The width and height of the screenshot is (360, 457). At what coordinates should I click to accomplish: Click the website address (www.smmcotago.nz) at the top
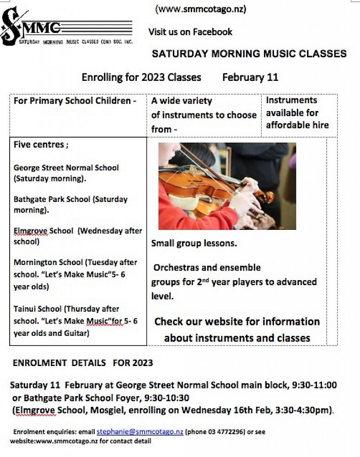click(x=201, y=9)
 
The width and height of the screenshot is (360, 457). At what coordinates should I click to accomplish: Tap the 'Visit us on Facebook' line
click(x=190, y=32)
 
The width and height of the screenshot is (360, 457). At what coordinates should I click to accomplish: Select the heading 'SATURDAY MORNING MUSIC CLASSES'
click(x=249, y=54)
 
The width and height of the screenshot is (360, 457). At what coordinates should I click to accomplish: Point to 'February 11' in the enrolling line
click(x=250, y=77)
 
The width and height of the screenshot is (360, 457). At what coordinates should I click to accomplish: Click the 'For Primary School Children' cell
click(x=75, y=101)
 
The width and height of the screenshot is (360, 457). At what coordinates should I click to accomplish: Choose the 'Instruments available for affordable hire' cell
click(x=297, y=112)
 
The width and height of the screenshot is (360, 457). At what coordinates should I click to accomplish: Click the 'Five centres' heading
click(x=41, y=145)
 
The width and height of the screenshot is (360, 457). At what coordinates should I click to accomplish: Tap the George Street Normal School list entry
click(x=66, y=173)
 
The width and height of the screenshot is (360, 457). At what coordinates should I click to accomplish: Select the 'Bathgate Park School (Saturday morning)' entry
click(x=70, y=205)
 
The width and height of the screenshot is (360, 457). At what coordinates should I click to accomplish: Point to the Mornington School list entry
click(x=75, y=274)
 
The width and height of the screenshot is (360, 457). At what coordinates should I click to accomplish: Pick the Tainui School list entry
click(x=75, y=321)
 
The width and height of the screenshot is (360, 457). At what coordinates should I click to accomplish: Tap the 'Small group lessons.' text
click(x=194, y=244)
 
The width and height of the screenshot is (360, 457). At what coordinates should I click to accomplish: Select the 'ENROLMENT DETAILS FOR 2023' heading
click(x=82, y=363)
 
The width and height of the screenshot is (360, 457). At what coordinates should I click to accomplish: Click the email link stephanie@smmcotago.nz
click(x=140, y=432)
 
